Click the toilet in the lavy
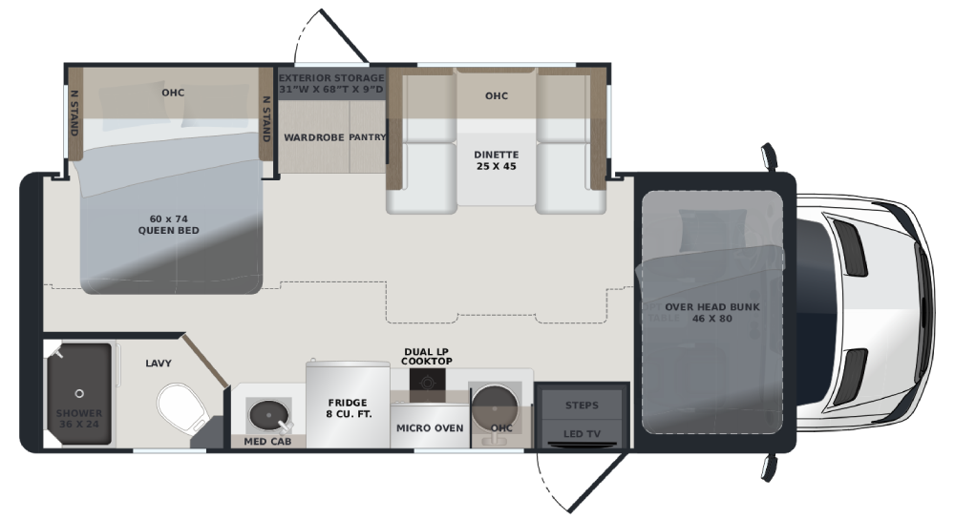(x=182, y=406)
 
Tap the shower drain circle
(x=79, y=393)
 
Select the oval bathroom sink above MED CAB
(x=269, y=415)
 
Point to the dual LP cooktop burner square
(x=427, y=383)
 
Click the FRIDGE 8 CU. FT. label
(x=348, y=408)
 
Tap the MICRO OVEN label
(x=430, y=428)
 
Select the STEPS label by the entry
(x=582, y=406)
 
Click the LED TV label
(x=582, y=433)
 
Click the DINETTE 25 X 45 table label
(x=497, y=160)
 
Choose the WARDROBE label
(x=313, y=137)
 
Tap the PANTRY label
(x=368, y=137)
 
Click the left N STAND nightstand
(x=74, y=114)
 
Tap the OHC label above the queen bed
(x=173, y=93)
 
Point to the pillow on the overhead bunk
(x=712, y=231)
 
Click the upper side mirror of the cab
(x=770, y=156)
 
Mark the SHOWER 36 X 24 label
(x=79, y=419)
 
